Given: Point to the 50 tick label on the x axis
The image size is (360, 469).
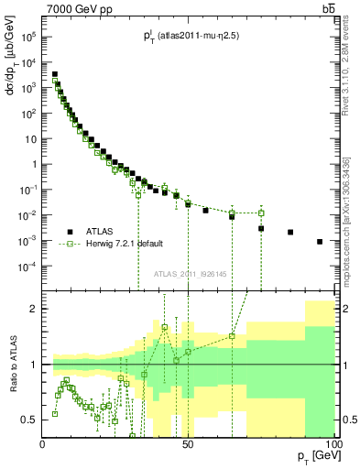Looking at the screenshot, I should [x=188, y=444].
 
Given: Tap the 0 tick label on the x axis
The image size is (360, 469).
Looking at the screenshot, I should [x=44, y=444].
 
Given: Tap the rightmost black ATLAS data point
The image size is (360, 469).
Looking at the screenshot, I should [x=320, y=242].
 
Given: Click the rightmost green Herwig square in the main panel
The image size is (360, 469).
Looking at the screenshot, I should [x=261, y=213].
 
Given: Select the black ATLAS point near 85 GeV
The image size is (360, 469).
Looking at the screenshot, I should [x=290, y=233].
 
